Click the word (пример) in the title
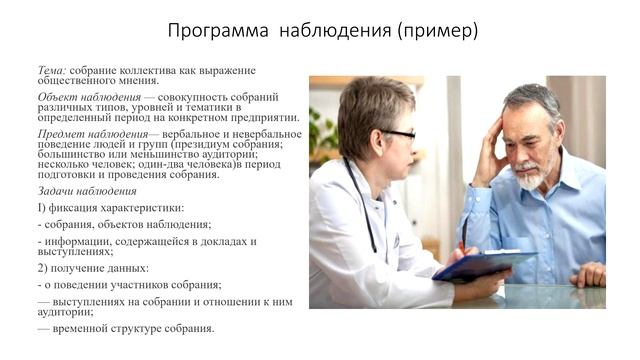437,31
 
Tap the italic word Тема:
52,70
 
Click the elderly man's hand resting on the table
588,274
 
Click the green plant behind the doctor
323,135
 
